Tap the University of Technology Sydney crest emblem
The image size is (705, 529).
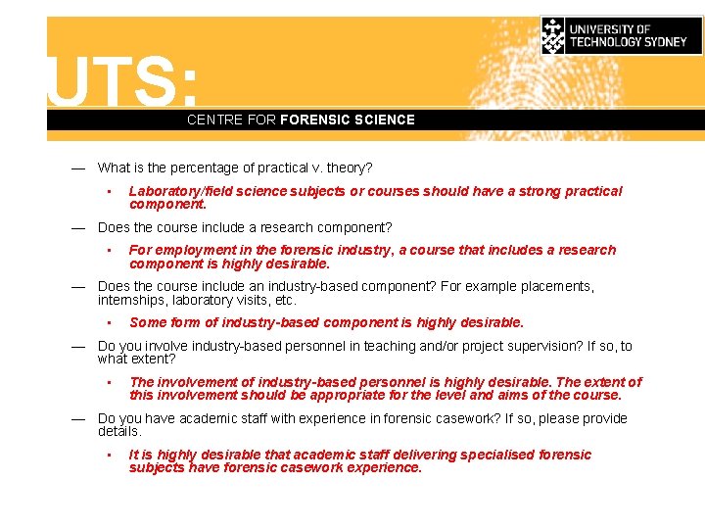[553, 35]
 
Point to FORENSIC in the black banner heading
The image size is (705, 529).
[314, 120]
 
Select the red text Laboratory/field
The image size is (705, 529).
[182, 191]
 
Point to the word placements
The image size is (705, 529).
[555, 286]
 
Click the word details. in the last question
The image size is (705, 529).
[119, 431]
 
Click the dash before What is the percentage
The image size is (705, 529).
[77, 168]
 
